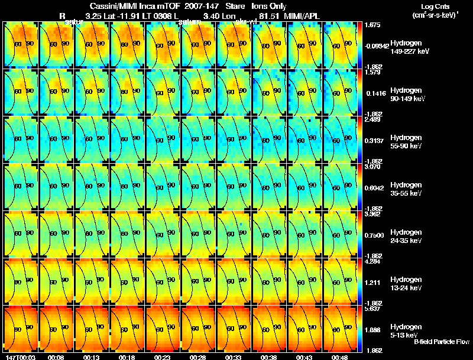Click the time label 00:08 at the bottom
[57, 357]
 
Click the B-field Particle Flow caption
[442, 342]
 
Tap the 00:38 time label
[269, 357]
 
